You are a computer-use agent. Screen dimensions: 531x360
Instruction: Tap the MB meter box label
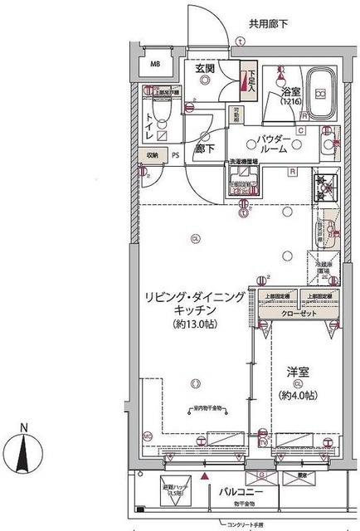[x=155, y=64]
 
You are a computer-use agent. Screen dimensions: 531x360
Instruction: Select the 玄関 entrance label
[x=205, y=70]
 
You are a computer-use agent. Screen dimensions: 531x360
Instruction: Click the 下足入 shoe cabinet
[x=247, y=80]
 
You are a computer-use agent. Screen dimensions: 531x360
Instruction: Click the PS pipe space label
[x=174, y=155]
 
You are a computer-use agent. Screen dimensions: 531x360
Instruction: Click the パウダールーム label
[x=273, y=143]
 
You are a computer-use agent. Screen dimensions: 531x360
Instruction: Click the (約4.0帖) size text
[x=299, y=397]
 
